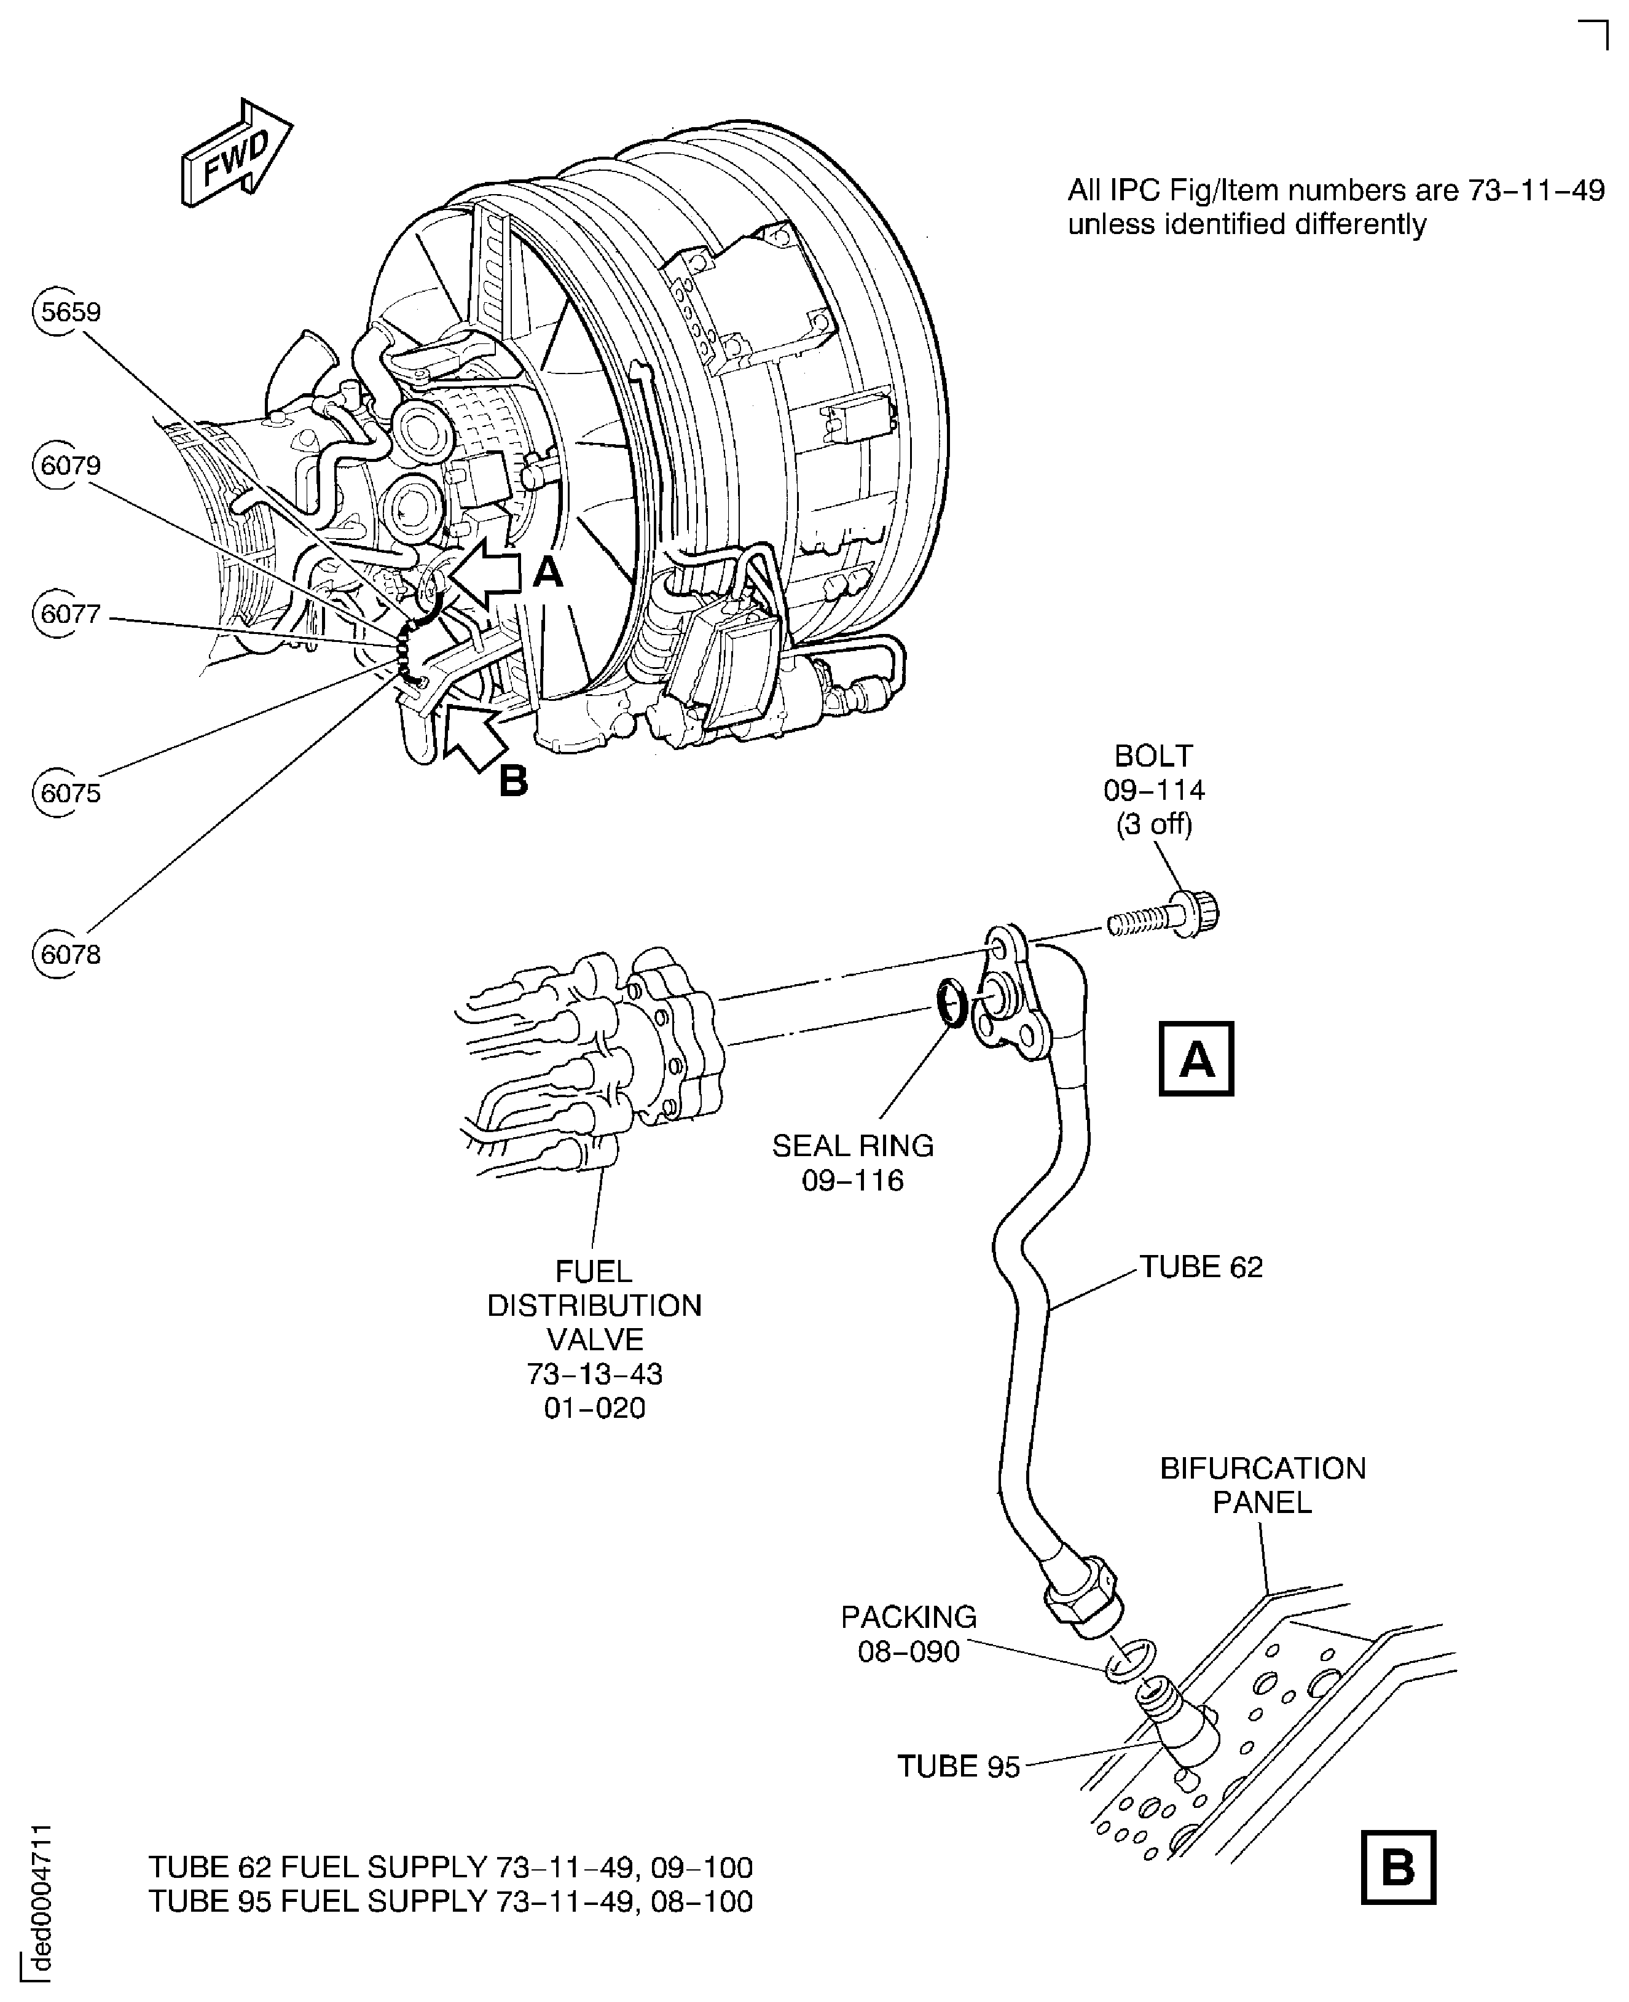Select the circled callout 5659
coord(68,311)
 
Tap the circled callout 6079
coord(68,465)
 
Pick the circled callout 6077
coord(68,614)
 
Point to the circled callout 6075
coord(68,792)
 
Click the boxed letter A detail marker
coord(1196,1058)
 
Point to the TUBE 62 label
coord(1201,1267)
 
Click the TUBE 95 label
coord(958,1767)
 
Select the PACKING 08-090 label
coord(908,1633)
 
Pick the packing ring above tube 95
coord(1131,1660)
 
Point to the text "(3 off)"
coord(1153,824)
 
